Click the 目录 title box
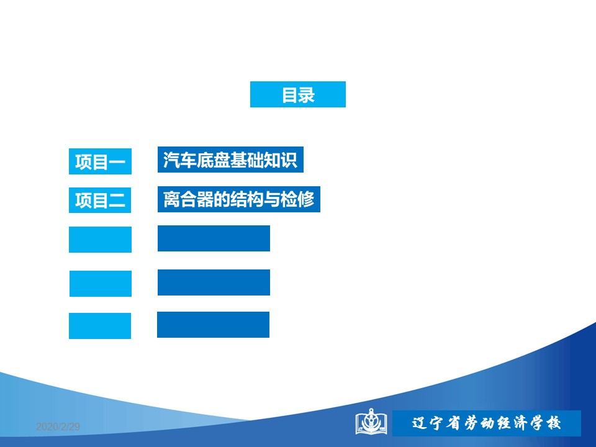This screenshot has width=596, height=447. pyautogui.click(x=297, y=94)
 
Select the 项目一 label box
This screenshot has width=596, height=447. pyautogui.click(x=100, y=161)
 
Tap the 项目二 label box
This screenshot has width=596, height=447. pyautogui.click(x=100, y=201)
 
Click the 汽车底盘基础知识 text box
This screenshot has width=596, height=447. pyautogui.click(x=230, y=160)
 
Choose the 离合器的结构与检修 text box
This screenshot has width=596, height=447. pyautogui.click(x=238, y=199)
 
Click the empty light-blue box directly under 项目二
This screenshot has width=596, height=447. pyautogui.click(x=100, y=240)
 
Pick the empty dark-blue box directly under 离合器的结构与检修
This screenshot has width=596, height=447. pyautogui.click(x=214, y=238)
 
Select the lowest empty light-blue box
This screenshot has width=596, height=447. pyautogui.click(x=100, y=326)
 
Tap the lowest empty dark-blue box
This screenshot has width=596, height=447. pyautogui.click(x=213, y=325)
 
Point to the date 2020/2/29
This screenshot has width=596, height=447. pyautogui.click(x=58, y=427)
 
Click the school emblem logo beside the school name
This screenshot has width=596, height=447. pyautogui.click(x=371, y=422)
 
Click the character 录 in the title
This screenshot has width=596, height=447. pyautogui.click(x=307, y=94)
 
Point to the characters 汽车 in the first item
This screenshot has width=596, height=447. pyautogui.click(x=180, y=160)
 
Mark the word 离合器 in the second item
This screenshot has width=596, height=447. pyautogui.click(x=188, y=199)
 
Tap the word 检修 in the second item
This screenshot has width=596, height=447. pyautogui.click(x=297, y=199)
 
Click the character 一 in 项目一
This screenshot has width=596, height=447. pyautogui.click(x=117, y=162)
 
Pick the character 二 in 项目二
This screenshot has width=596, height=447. pyautogui.click(x=117, y=201)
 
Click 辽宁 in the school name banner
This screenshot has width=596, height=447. pyautogui.click(x=427, y=423)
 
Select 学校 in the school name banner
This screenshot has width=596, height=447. pyautogui.click(x=546, y=423)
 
